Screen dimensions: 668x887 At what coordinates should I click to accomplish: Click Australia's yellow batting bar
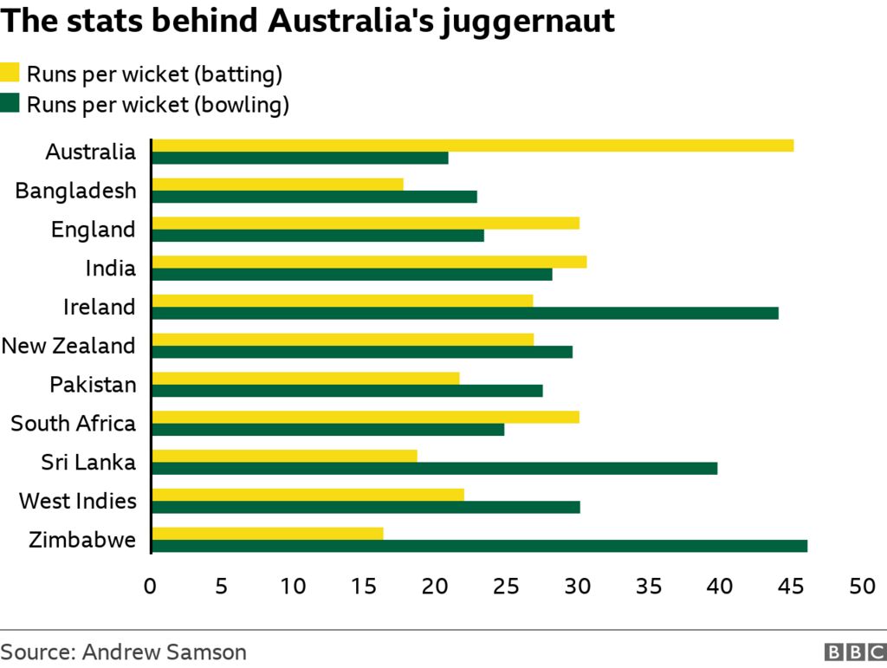click(x=472, y=146)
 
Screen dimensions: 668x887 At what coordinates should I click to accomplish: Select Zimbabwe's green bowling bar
click(x=479, y=546)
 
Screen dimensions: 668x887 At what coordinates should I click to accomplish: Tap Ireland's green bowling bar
click(x=465, y=313)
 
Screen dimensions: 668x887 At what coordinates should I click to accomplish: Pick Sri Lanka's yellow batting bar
click(x=284, y=456)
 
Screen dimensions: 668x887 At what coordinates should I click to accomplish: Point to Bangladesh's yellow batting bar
click(x=277, y=184)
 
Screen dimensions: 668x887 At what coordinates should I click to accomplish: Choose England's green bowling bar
click(x=318, y=235)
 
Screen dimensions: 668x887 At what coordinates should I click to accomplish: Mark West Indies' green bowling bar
click(x=366, y=507)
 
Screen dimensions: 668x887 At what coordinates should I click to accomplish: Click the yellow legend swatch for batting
click(x=10, y=73)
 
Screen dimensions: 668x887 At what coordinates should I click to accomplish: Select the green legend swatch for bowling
click(x=10, y=104)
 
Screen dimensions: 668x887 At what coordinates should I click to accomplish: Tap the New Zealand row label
click(x=69, y=346)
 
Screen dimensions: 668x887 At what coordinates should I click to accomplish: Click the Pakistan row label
click(x=93, y=385)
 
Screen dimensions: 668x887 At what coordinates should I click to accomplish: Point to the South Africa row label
click(x=74, y=424)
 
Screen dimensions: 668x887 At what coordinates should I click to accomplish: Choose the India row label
click(x=111, y=269)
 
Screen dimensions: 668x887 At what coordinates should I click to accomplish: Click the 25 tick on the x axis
click(x=506, y=587)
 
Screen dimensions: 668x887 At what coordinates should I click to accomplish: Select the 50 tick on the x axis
click(x=861, y=587)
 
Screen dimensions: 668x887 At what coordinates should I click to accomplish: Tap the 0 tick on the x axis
click(x=151, y=587)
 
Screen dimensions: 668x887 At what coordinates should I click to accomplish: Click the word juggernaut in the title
click(x=528, y=22)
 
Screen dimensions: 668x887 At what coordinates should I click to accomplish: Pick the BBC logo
click(x=852, y=652)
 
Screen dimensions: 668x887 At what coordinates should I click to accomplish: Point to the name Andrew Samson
click(x=165, y=652)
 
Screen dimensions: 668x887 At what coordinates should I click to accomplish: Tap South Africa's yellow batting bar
click(x=366, y=417)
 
